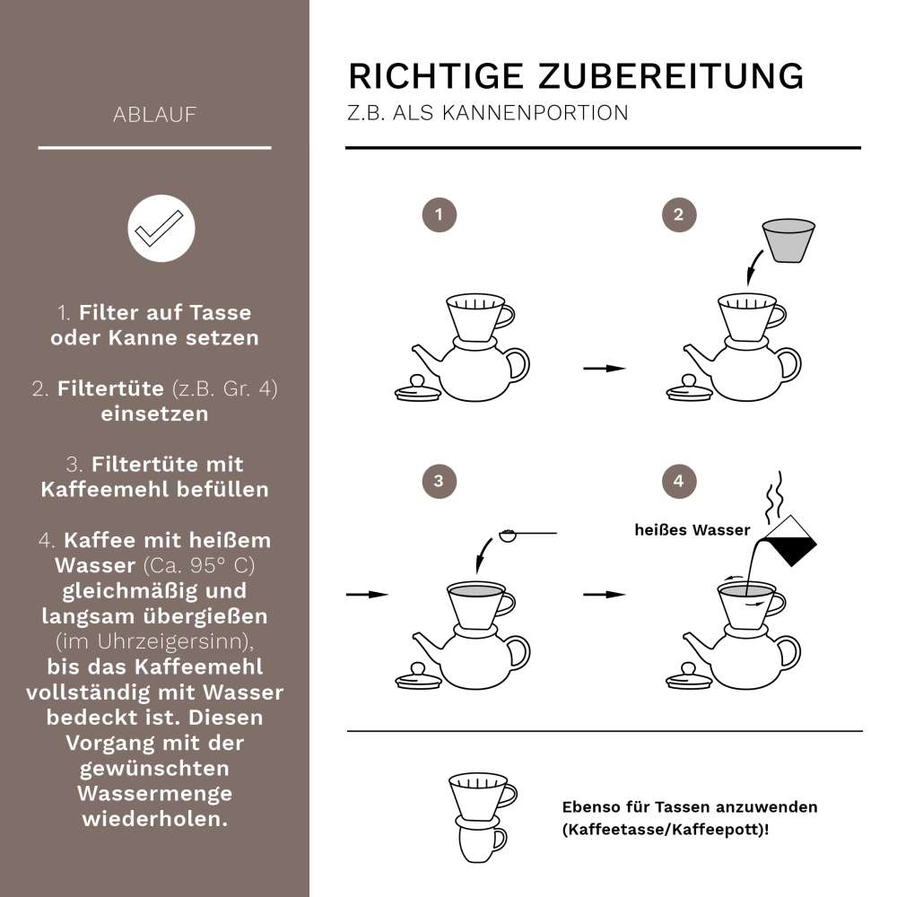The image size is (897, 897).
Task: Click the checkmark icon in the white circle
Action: pyautogui.click(x=161, y=228)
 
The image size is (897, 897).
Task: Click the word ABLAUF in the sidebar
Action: pyautogui.click(x=155, y=115)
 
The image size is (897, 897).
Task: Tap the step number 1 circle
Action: pyautogui.click(x=439, y=215)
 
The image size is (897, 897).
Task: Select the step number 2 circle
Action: pyautogui.click(x=678, y=215)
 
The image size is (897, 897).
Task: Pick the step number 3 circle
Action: pyautogui.click(x=439, y=481)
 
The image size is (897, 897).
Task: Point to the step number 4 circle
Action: pyautogui.click(x=678, y=481)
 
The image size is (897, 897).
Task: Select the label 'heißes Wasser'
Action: pyautogui.click(x=692, y=530)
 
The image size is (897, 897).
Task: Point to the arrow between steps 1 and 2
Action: pyautogui.click(x=604, y=368)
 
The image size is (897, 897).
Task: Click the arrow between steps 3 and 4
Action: pyautogui.click(x=604, y=594)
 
